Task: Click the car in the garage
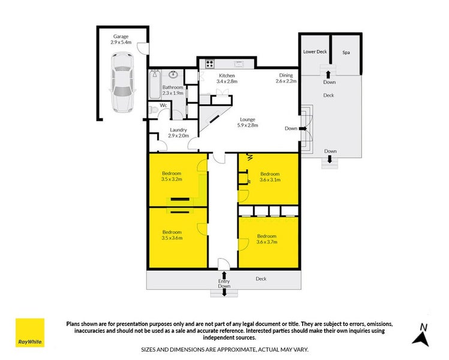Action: click(122, 82)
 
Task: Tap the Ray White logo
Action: click(30, 333)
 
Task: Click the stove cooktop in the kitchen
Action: click(210, 64)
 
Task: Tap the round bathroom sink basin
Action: click(173, 74)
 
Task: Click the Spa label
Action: click(346, 52)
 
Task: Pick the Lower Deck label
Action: click(315, 52)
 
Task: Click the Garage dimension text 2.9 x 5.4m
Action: click(121, 42)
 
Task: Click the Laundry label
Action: click(179, 130)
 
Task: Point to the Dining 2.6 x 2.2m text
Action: click(286, 78)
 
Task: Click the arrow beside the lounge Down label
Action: click(303, 128)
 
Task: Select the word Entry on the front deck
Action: click(224, 281)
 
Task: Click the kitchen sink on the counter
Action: click(238, 64)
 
